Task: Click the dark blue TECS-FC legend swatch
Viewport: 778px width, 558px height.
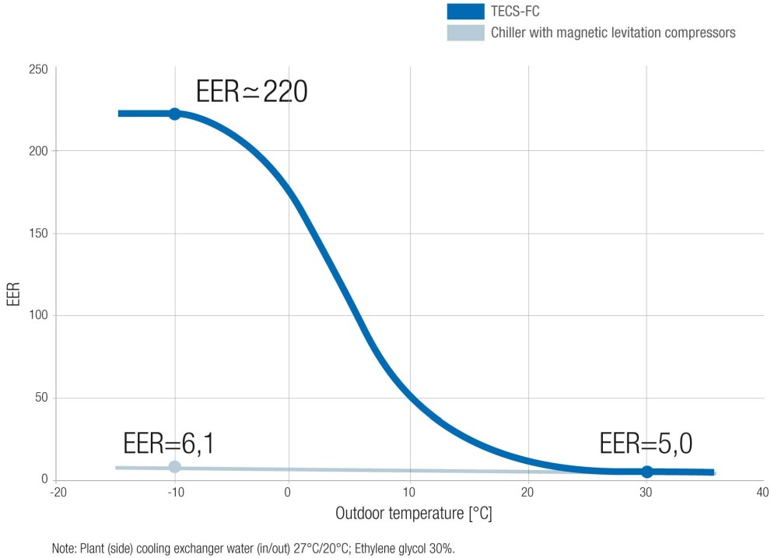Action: (465, 12)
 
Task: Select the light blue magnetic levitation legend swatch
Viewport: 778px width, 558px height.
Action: (465, 33)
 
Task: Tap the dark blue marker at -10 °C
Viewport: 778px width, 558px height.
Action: (174, 114)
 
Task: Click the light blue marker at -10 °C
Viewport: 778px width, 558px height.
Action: (174, 467)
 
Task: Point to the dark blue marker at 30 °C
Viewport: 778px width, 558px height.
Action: (647, 472)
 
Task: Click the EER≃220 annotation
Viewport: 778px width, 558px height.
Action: (252, 92)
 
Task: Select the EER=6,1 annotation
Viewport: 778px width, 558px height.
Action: (169, 444)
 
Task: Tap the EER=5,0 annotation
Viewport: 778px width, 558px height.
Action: (646, 444)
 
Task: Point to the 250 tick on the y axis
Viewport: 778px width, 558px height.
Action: (39, 70)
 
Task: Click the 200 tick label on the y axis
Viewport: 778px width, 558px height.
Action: (39, 151)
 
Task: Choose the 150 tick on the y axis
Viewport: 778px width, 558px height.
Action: (39, 233)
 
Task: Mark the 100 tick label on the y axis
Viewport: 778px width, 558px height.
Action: (39, 315)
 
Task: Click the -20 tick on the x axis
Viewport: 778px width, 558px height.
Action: (58, 493)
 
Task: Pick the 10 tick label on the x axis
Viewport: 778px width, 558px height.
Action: (408, 493)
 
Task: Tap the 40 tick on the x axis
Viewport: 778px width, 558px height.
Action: (762, 493)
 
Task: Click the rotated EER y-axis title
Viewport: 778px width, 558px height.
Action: (13, 295)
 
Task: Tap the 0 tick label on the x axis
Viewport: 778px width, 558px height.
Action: (288, 493)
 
